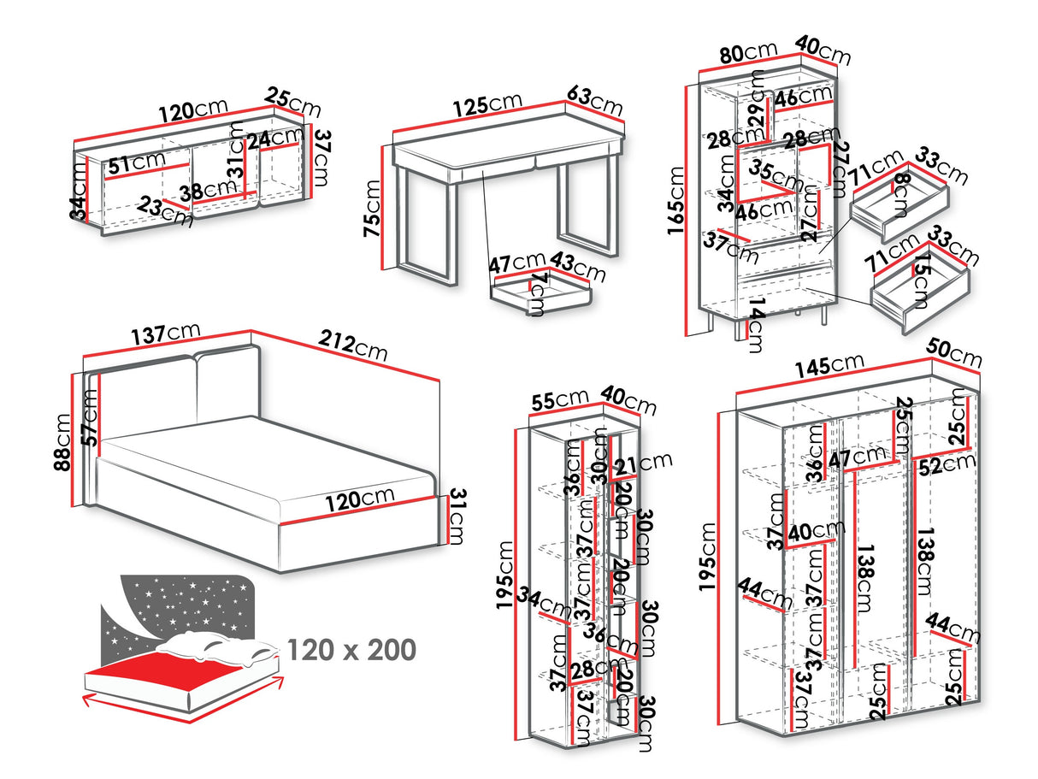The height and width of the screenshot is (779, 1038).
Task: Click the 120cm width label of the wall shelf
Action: coord(192,109)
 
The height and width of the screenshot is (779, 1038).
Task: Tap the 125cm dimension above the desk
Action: coord(487,103)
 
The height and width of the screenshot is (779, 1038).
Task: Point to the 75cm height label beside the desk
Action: coord(371,212)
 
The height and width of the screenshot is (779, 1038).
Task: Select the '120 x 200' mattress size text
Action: coord(351,650)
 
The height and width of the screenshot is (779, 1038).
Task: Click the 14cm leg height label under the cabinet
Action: coord(754,326)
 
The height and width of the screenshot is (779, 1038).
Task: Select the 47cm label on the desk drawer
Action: coord(517,262)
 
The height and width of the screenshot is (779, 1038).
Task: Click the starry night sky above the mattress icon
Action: coord(180,607)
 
